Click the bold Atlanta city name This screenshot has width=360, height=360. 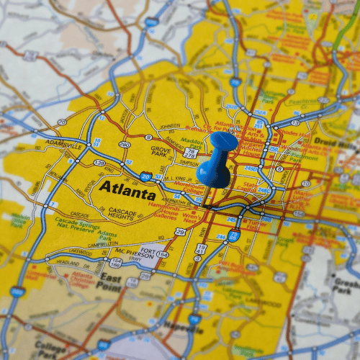127,191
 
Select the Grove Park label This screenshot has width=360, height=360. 161,151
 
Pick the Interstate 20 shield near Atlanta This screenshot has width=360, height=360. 147,176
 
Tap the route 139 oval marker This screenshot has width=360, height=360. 99,163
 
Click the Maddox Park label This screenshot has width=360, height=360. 192,142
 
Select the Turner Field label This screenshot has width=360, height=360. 257,225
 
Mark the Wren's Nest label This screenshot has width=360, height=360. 192,216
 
